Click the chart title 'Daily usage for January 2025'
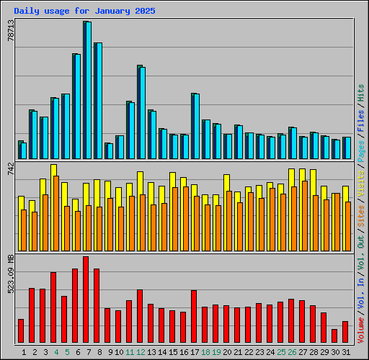click(84, 12)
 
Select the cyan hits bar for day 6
click(77, 107)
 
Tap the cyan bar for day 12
click(142, 113)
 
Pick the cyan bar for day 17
click(196, 127)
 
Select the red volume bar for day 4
click(53, 307)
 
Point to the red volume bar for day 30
click(334, 336)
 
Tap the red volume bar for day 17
click(194, 316)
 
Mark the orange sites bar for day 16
click(186, 219)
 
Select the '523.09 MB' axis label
click(10, 273)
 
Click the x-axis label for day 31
click(346, 352)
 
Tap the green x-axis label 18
click(205, 352)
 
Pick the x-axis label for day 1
click(24, 352)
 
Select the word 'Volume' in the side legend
click(361, 330)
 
